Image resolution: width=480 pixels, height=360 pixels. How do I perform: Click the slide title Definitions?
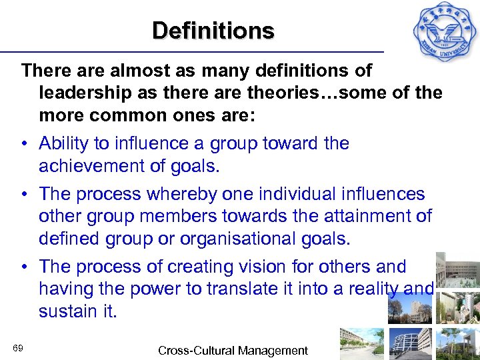[x=213, y=31]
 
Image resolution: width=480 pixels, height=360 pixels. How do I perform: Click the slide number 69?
[x=18, y=349]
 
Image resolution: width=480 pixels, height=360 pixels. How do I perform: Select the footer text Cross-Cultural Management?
[x=233, y=351]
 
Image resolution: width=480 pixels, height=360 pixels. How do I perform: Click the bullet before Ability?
[x=24, y=144]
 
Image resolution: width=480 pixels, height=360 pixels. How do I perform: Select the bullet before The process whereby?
[x=24, y=195]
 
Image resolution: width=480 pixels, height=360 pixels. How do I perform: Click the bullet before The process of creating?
[x=24, y=267]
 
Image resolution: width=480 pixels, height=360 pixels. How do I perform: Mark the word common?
[x=129, y=115]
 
